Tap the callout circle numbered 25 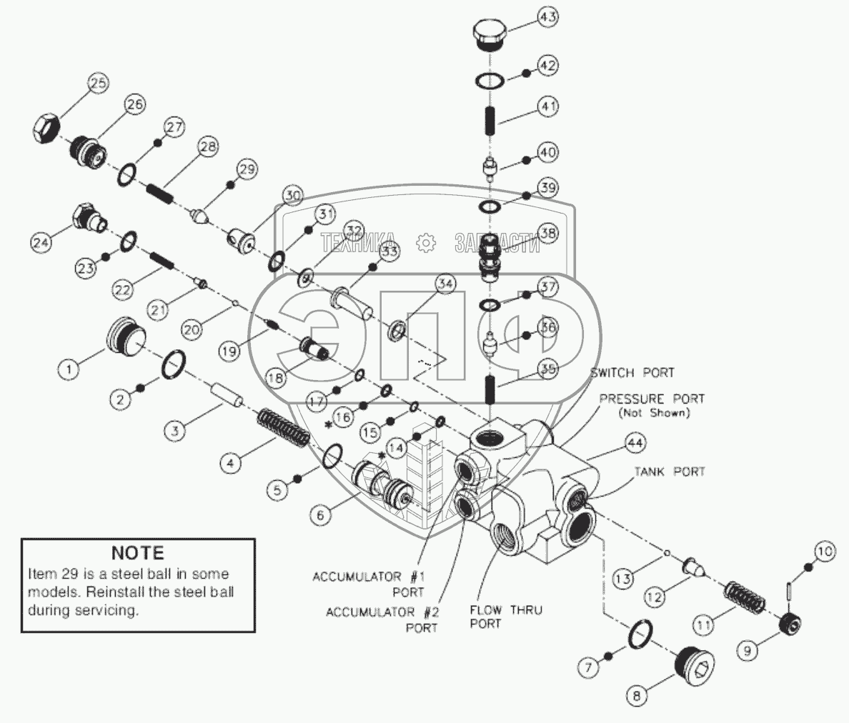pos(98,84)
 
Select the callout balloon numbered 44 pos(635,444)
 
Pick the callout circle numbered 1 pos(69,369)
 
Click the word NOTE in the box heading pos(137,553)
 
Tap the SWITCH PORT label pos(632,373)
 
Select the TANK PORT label pos(670,472)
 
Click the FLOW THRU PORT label pos(505,616)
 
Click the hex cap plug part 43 pos(490,34)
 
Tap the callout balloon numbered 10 pos(823,552)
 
